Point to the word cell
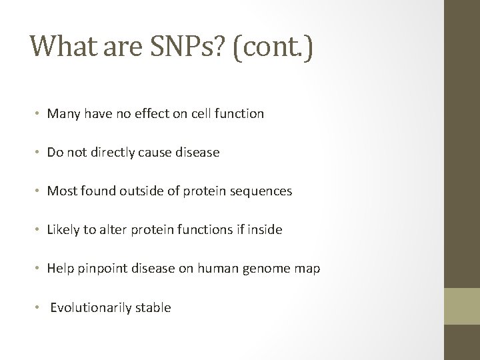tap(203, 114)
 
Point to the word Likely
tap(63, 230)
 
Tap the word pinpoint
tap(100, 269)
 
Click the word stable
tap(153, 307)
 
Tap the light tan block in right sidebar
tap(462, 307)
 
